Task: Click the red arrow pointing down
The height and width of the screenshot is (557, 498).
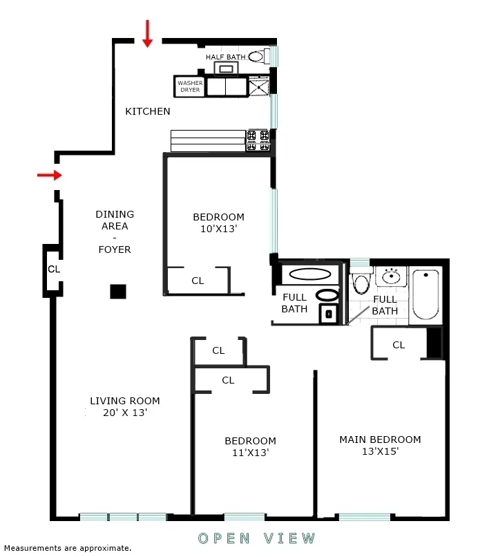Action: pos(147,34)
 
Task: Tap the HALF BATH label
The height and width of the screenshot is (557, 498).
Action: pos(225,57)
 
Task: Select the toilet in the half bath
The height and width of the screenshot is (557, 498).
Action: pos(257,57)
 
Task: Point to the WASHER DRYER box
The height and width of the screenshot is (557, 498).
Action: pos(190,86)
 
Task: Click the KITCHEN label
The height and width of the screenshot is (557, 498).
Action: pos(147,111)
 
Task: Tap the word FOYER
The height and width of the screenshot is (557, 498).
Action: pos(115,249)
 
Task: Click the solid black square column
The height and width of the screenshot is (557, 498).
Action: pos(118,292)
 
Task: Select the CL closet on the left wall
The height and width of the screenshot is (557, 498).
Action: pos(53,269)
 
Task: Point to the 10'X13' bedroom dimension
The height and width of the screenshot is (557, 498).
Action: pos(218,229)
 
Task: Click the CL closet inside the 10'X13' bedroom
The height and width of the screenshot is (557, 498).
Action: pos(198,281)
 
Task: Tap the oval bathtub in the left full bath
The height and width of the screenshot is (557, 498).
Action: pos(309,274)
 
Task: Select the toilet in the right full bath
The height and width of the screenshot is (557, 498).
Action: pos(360,283)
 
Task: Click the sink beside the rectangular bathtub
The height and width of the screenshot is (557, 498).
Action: pos(392,277)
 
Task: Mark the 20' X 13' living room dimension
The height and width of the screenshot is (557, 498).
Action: pos(124,413)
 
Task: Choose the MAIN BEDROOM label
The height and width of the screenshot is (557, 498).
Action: pos(379,440)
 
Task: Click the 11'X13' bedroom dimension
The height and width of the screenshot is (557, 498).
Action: pos(249,453)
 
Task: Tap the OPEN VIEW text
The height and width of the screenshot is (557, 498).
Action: pos(257,538)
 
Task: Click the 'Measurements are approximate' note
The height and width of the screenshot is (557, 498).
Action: pos(67,548)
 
